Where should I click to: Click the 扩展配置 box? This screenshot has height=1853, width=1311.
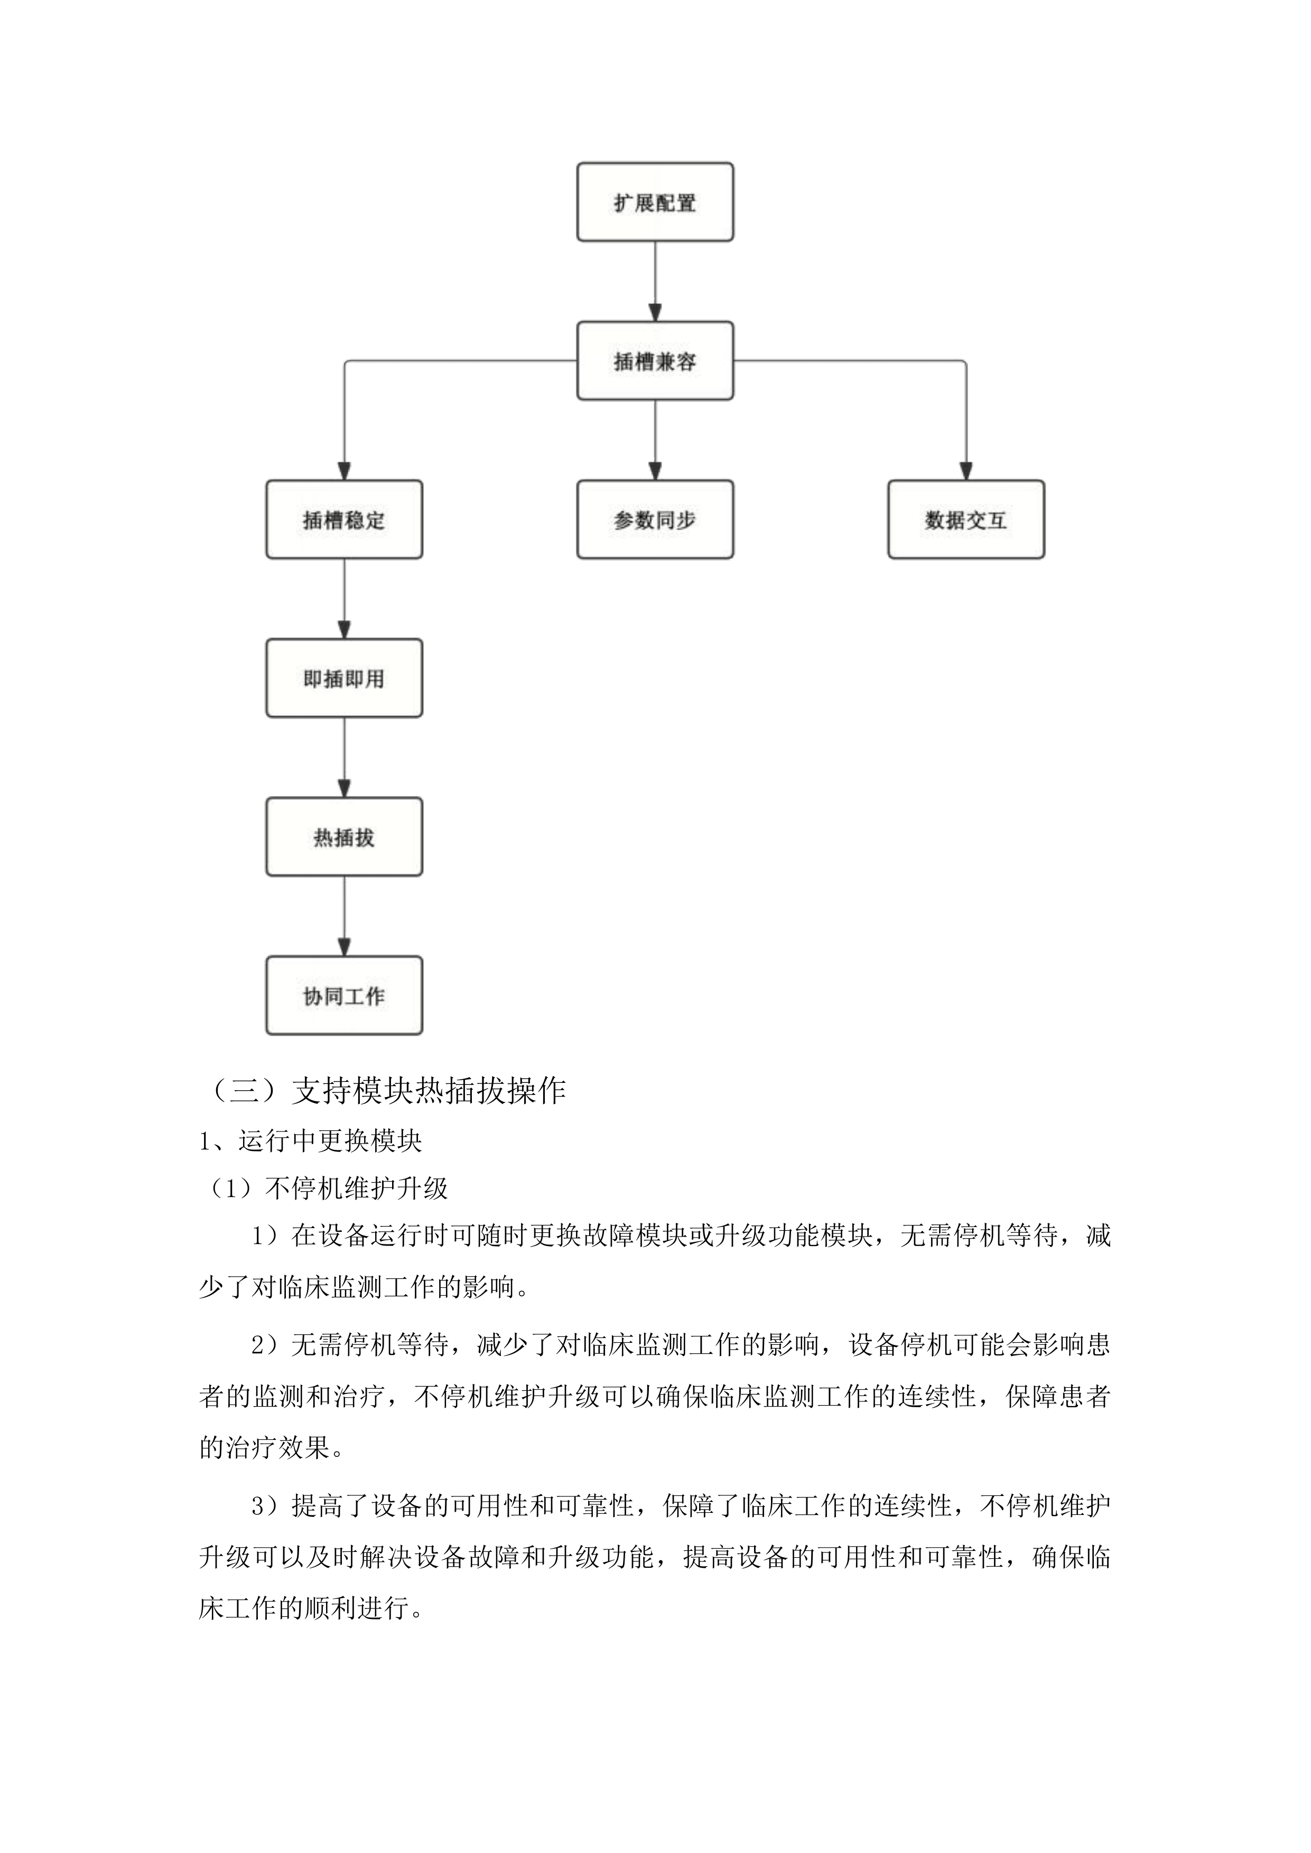pyautogui.click(x=655, y=202)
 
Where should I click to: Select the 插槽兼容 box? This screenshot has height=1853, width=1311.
pyautogui.click(x=655, y=361)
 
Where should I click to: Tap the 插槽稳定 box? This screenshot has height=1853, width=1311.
pyautogui.click(x=344, y=520)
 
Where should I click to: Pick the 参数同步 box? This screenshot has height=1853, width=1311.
pyautogui.click(x=655, y=520)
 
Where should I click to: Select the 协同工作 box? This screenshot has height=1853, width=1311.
pyautogui.click(x=344, y=995)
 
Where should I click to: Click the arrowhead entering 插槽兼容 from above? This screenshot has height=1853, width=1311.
pyautogui.click(x=655, y=312)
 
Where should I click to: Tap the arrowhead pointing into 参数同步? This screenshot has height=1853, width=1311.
pyautogui.click(x=655, y=471)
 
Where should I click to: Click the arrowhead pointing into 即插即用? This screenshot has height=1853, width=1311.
pyautogui.click(x=344, y=630)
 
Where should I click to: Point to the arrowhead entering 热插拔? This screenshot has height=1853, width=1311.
pyautogui.click(x=344, y=789)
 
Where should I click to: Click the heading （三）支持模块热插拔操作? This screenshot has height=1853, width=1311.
pyautogui.click(x=387, y=1090)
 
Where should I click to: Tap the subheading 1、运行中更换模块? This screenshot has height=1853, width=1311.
pyautogui.click(x=311, y=1140)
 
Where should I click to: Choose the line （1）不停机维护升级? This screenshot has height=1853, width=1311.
pyautogui.click(x=327, y=1188)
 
